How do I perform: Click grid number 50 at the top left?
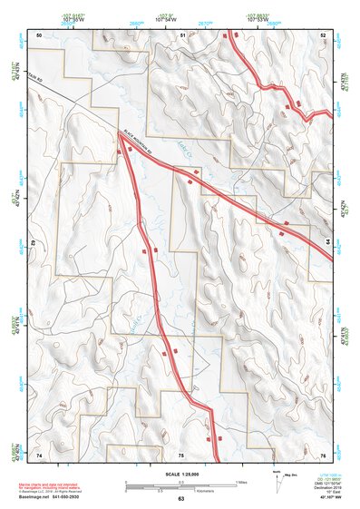(x=40, y=34)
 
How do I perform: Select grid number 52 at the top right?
(x=323, y=34)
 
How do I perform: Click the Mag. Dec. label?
(x=290, y=475)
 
